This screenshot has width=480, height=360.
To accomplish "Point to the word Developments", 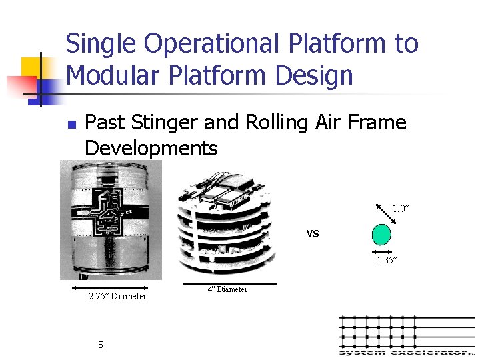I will point(151,148).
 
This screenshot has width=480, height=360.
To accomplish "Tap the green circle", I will point(381,235).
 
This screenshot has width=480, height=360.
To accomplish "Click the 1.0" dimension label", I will point(401,209).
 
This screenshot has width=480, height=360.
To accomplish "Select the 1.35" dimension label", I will point(387,260).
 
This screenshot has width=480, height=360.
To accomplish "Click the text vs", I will point(313,233).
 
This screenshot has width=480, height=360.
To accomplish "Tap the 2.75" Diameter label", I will point(117,296).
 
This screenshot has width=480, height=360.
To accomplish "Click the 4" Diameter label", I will point(227,289).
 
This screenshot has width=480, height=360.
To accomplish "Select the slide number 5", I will point(100,345).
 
